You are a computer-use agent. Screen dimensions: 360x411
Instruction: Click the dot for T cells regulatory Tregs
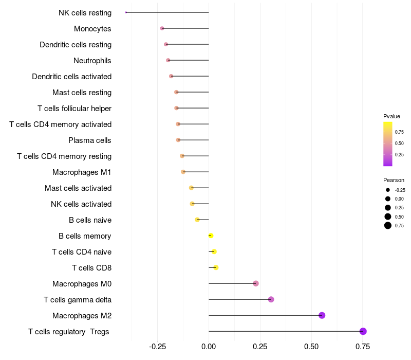(363, 331)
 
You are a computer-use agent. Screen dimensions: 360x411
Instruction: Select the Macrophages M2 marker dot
(322, 315)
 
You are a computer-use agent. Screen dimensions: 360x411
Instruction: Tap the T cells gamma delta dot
(271, 299)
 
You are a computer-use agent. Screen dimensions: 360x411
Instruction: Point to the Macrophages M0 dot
(256, 283)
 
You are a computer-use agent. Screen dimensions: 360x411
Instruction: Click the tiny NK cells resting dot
(126, 12)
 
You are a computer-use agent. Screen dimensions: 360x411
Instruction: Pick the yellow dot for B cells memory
(211, 236)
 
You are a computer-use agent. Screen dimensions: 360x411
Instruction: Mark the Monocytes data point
(162, 28)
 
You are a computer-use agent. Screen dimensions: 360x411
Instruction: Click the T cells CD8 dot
(216, 267)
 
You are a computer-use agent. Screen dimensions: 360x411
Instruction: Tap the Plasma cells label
(90, 140)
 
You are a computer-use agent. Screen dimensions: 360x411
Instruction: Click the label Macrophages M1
(82, 172)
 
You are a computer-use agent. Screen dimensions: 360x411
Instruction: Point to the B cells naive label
(90, 220)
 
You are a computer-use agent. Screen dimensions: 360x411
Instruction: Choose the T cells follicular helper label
(74, 109)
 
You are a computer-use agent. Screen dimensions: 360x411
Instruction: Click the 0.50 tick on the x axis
(311, 347)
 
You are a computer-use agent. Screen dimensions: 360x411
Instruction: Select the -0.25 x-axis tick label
(157, 347)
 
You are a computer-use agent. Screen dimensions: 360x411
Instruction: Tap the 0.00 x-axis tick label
(209, 347)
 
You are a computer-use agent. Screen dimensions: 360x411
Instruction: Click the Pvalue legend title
(391, 116)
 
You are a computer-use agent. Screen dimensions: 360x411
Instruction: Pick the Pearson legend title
(394, 180)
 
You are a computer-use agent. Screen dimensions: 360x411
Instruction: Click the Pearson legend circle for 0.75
(388, 225)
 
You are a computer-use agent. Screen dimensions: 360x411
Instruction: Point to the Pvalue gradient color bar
(388, 144)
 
